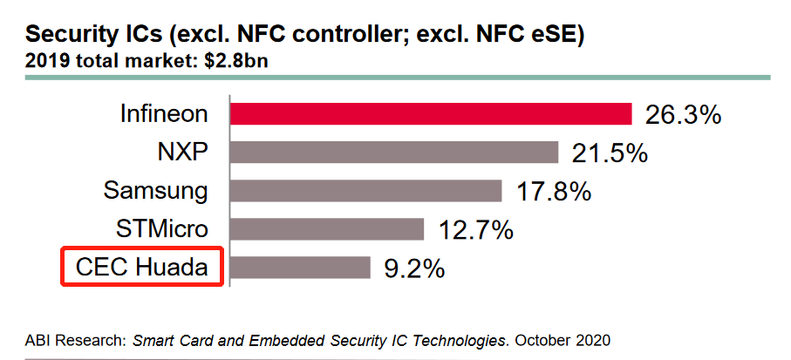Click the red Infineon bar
(431, 114)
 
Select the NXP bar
(394, 153)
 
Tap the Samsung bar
(366, 191)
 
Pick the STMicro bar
(327, 228)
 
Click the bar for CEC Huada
(301, 267)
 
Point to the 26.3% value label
(683, 115)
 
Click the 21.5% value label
(610, 153)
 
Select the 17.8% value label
(554, 191)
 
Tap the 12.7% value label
(475, 229)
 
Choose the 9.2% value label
(415, 268)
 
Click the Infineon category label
(165, 114)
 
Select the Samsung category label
(156, 191)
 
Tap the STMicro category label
(162, 229)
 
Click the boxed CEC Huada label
(142, 267)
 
